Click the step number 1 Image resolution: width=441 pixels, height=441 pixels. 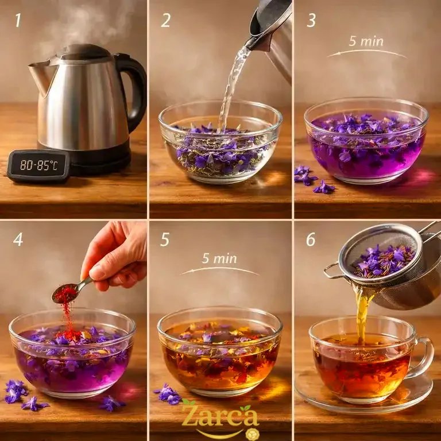tap(18, 20)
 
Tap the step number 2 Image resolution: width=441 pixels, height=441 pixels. tap(165, 20)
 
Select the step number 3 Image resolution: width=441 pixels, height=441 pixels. tap(311, 20)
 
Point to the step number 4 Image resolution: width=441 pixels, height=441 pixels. tap(18, 239)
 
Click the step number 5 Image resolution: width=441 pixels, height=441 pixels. tap(165, 239)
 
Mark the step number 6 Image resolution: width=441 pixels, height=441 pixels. tap(311, 239)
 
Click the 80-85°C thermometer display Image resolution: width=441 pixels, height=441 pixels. tap(39, 165)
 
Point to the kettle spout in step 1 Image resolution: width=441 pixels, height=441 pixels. tap(40, 76)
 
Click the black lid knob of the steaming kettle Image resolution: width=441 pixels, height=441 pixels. tap(84, 51)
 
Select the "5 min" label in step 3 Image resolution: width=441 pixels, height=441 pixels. tap(366, 41)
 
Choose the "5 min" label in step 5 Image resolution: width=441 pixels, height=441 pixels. tap(219, 259)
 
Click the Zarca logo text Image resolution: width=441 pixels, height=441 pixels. tap(220, 416)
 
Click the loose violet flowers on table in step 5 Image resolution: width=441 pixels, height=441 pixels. tap(168, 394)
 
